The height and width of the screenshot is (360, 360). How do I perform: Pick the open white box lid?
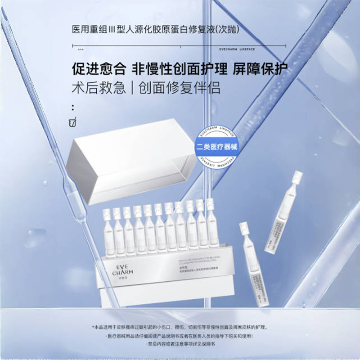(x=130, y=160)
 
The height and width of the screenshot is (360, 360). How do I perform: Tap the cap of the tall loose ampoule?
(x=297, y=176)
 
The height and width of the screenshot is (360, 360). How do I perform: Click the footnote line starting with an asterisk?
(x=180, y=327)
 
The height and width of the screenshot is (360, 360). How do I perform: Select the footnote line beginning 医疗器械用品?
(x=180, y=336)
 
